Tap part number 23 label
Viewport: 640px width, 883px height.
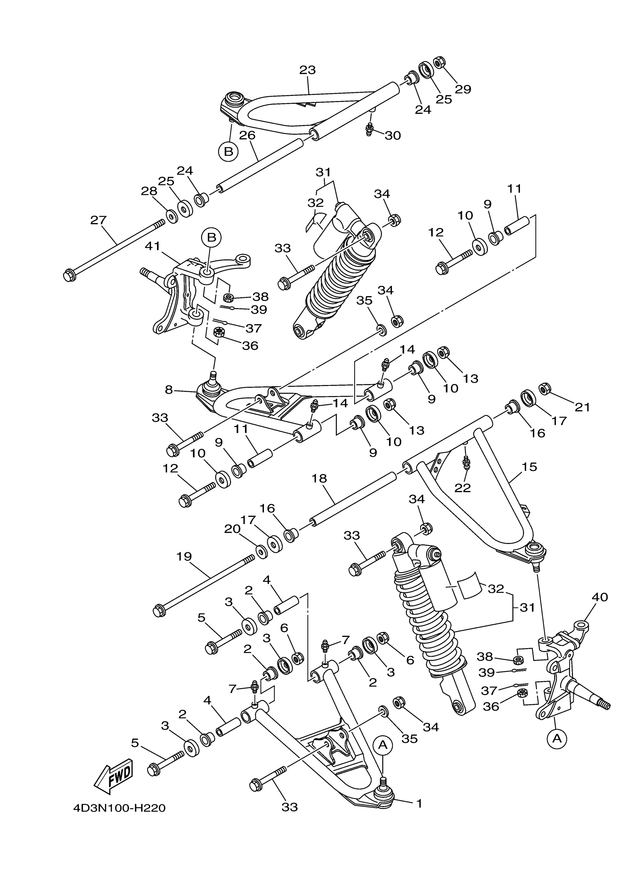307,70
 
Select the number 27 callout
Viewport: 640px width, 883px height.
98,220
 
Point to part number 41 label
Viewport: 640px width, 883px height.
153,246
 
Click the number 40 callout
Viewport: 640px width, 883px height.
599,597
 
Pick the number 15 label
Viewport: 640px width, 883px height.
529,467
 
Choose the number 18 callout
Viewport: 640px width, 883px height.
319,479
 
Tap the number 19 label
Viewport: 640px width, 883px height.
184,557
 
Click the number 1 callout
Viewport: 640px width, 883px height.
419,803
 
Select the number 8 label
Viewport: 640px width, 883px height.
168,390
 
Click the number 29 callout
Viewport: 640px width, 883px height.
463,89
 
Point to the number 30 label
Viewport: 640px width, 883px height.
393,135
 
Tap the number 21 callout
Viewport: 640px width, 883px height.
582,407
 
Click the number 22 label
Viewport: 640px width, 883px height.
463,488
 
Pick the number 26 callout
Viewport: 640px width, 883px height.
247,135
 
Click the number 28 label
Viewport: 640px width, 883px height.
149,191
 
